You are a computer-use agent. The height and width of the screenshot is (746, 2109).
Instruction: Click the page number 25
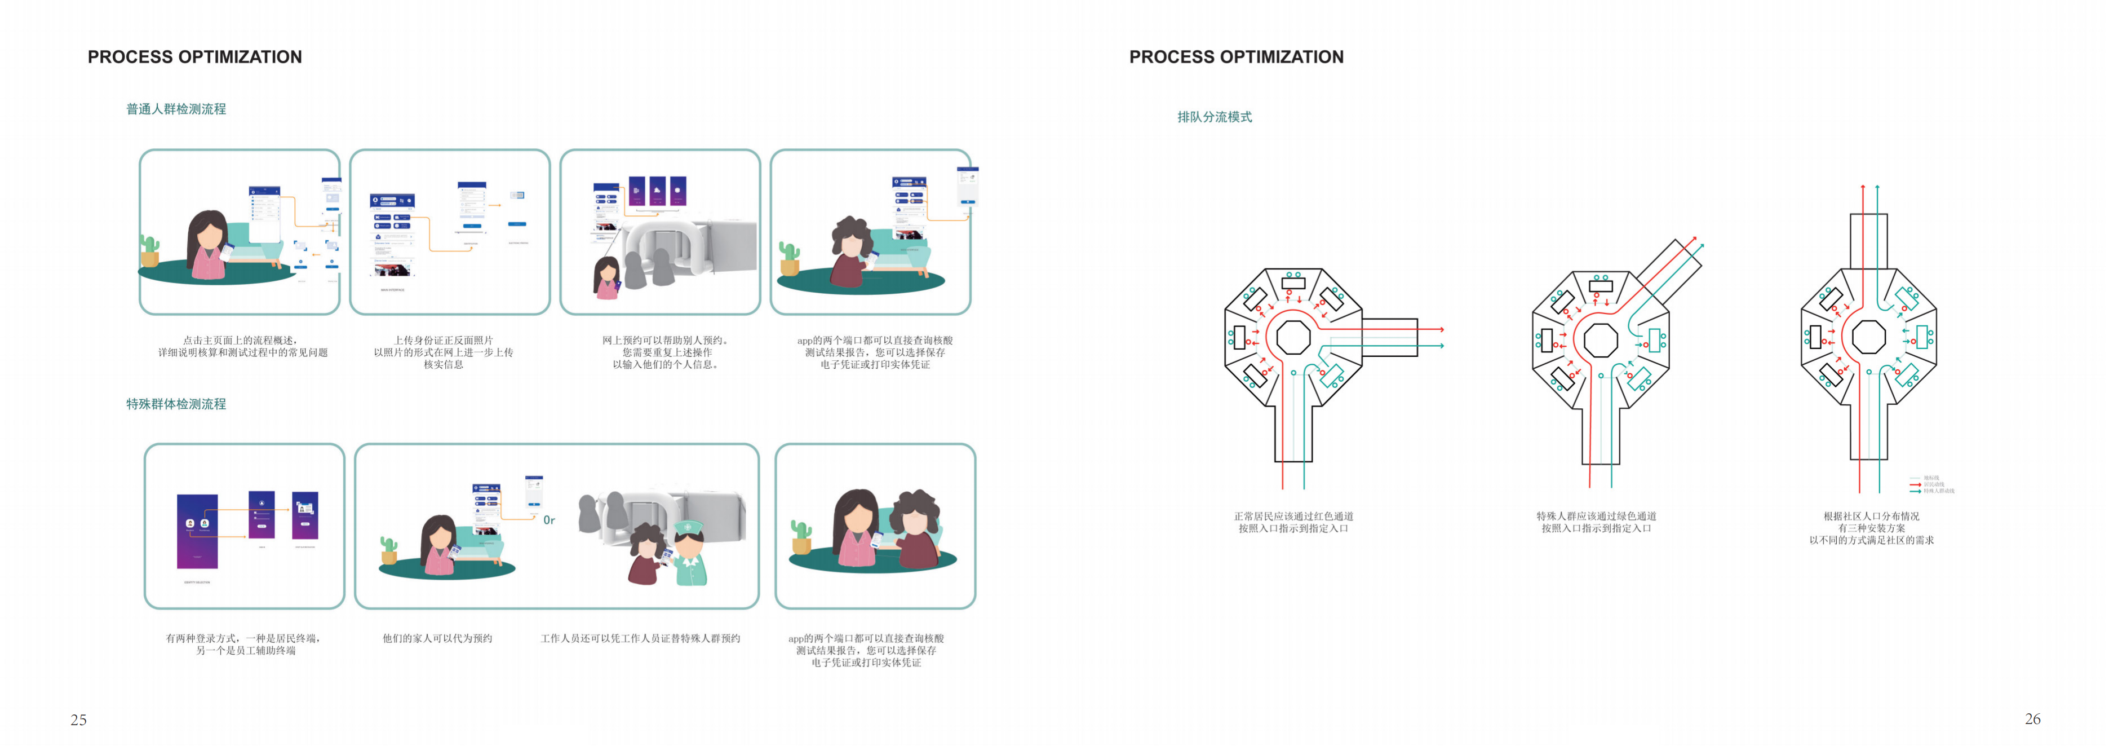78,720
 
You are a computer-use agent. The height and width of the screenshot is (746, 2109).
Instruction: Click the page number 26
2032,719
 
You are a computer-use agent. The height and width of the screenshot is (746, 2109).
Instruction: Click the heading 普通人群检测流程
176,109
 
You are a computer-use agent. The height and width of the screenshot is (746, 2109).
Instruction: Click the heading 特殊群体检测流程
176,404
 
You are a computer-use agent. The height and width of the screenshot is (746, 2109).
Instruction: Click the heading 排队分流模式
1214,117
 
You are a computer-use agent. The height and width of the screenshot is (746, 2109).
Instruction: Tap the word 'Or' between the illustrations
548,520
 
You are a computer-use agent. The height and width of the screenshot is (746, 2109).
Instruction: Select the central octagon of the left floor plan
1293,337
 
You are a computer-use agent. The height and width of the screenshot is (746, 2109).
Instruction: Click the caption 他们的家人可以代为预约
437,638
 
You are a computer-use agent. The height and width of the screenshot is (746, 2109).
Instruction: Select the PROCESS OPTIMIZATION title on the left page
195,56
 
